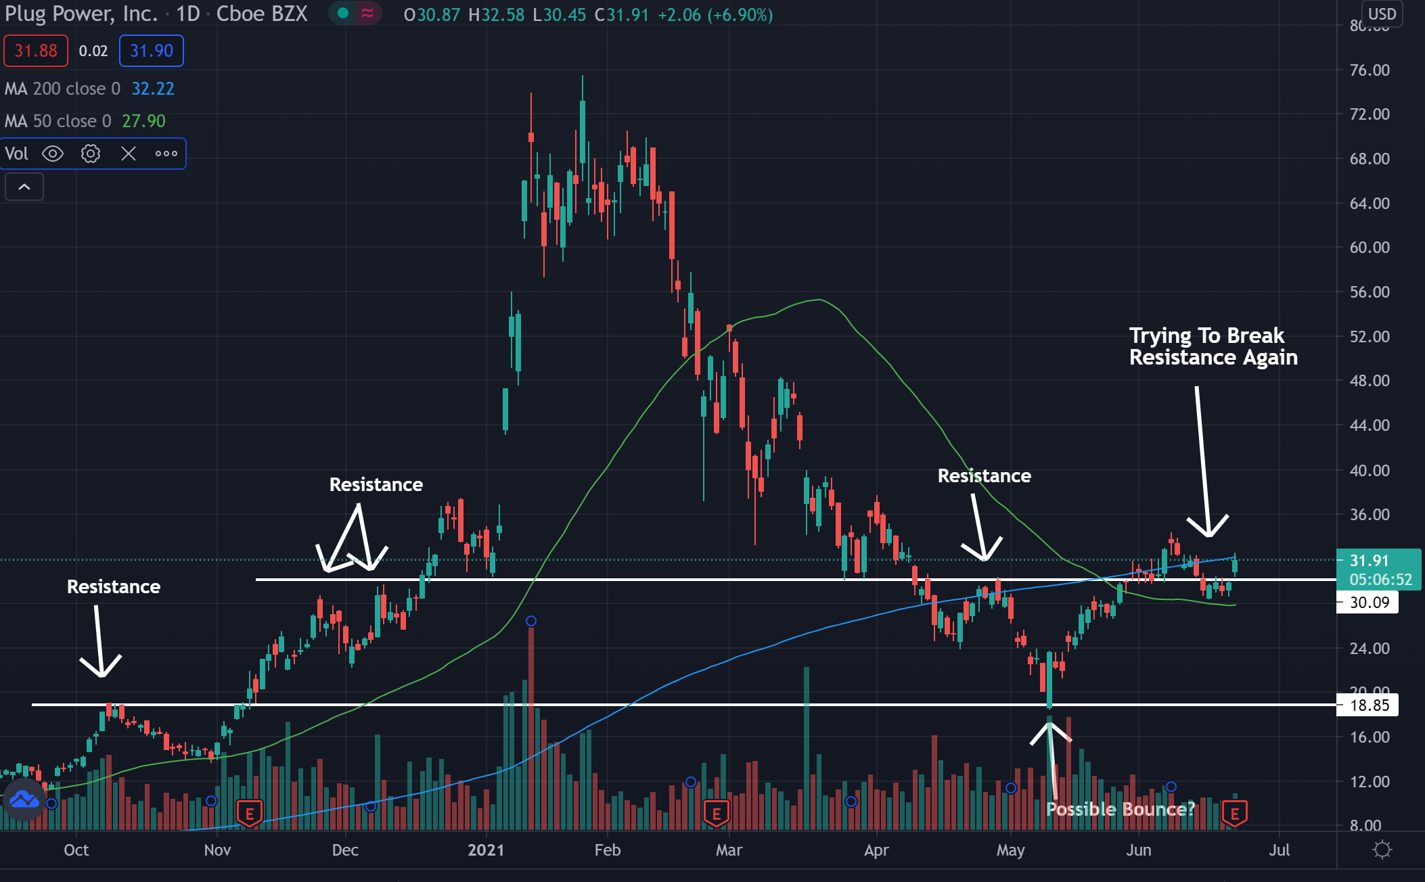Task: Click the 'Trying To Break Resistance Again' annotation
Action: click(1213, 346)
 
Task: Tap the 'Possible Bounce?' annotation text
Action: click(1120, 809)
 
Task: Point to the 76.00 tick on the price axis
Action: click(1369, 70)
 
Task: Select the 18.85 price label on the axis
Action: click(1369, 705)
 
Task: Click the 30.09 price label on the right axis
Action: click(1369, 603)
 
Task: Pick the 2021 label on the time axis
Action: click(486, 850)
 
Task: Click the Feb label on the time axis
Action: click(607, 850)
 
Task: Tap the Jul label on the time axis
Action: click(1279, 850)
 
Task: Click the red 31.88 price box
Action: click(36, 51)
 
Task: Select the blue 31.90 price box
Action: click(152, 51)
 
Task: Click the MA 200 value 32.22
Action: click(153, 89)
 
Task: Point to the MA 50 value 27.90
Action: click(143, 121)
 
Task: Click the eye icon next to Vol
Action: click(53, 154)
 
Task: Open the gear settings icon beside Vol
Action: click(91, 154)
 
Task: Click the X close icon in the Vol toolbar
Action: click(129, 154)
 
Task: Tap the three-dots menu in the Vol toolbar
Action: click(166, 154)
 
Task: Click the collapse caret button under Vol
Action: click(24, 187)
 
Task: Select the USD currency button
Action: click(1382, 14)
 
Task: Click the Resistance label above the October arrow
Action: click(114, 586)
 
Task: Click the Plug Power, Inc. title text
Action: click(81, 14)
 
